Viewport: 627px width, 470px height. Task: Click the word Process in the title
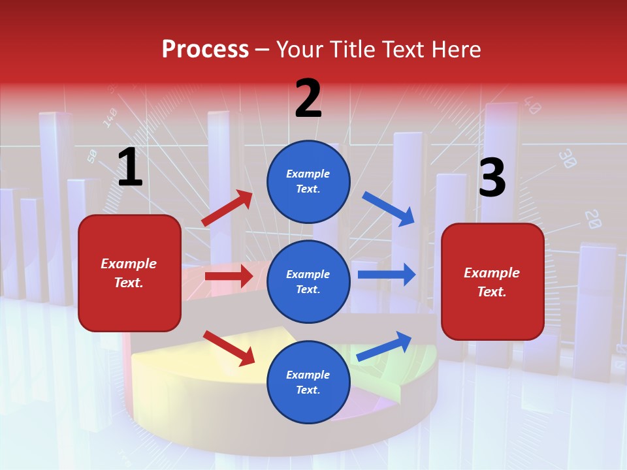(205, 50)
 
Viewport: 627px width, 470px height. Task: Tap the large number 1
(129, 168)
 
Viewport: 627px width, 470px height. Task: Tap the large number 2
(308, 99)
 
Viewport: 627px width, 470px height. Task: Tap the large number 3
(492, 179)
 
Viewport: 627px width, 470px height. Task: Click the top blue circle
(308, 181)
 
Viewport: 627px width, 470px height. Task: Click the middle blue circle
(308, 281)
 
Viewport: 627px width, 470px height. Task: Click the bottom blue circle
(308, 382)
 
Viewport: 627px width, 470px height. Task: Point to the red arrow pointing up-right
(227, 208)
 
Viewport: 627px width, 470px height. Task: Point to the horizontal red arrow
(229, 276)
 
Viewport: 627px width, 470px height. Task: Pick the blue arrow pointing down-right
(389, 209)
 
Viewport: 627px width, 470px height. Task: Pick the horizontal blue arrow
(386, 275)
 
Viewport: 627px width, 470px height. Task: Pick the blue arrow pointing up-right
(385, 346)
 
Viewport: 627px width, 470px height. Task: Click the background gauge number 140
(110, 117)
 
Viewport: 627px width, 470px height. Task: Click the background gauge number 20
(592, 219)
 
